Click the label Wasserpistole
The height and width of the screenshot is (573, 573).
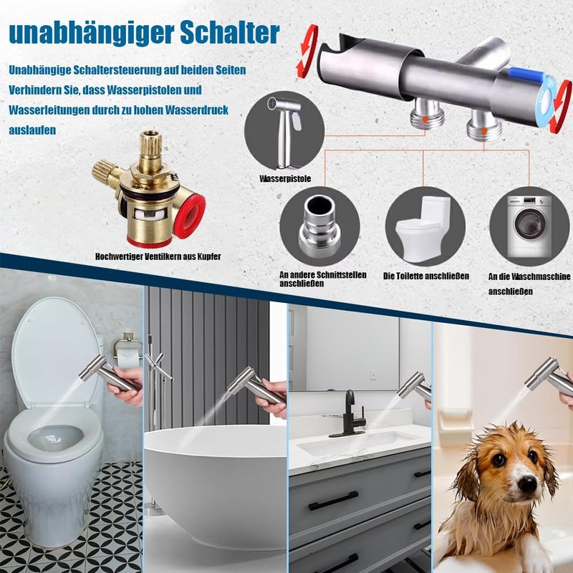[284, 178]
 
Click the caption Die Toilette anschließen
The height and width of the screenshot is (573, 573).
[425, 276]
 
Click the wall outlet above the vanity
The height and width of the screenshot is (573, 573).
[373, 374]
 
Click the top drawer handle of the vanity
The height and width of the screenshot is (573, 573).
[334, 501]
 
